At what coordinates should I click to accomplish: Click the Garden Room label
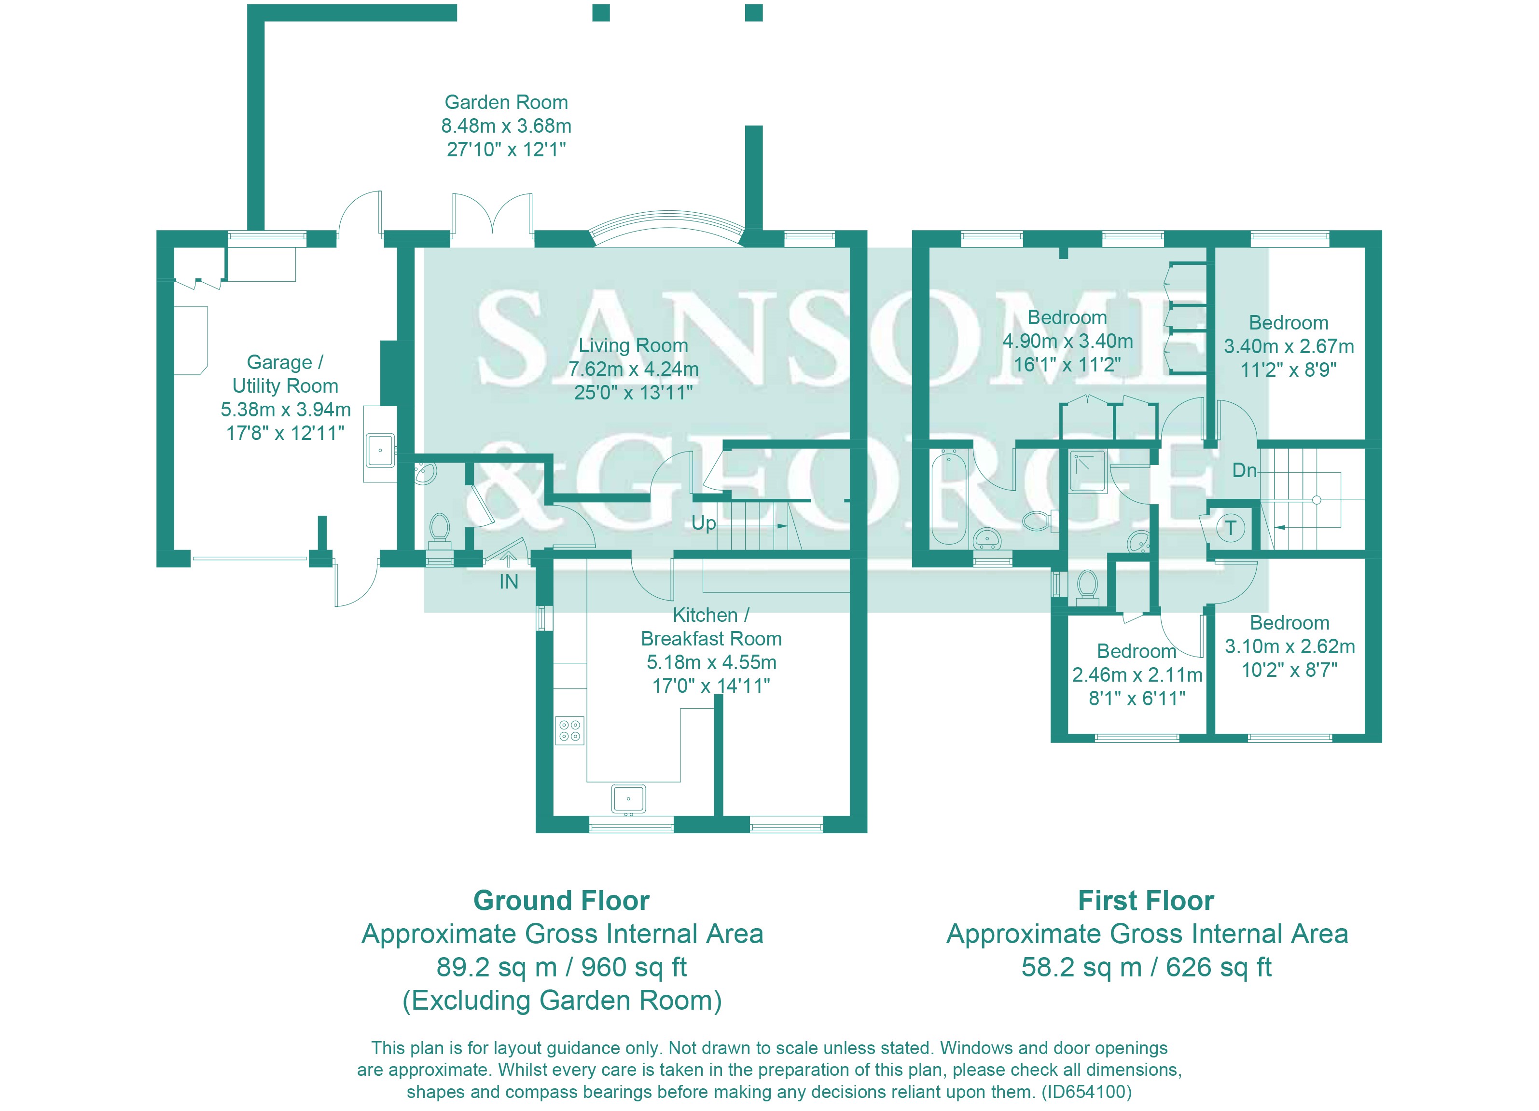click(x=506, y=102)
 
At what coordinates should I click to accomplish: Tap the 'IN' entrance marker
click(x=508, y=581)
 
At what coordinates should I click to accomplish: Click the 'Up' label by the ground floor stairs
click(x=704, y=523)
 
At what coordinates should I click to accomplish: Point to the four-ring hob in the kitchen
click(x=569, y=730)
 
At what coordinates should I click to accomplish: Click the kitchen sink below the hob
click(x=628, y=799)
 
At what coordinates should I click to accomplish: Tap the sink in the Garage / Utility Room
click(x=380, y=451)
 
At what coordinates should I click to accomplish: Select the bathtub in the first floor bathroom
click(x=948, y=497)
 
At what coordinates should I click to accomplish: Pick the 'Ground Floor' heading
click(x=561, y=901)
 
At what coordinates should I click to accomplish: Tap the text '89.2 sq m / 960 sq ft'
click(x=561, y=967)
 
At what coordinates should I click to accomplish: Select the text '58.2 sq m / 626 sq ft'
click(x=1146, y=967)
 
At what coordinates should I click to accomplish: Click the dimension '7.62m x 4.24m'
click(x=633, y=369)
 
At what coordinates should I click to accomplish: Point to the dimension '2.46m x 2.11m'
click(x=1137, y=675)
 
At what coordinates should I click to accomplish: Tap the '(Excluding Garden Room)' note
click(x=562, y=1001)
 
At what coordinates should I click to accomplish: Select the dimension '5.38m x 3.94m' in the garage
click(x=285, y=410)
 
